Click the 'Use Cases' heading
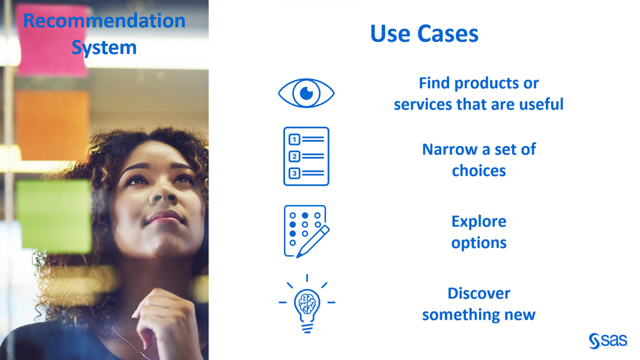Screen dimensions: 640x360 pyautogui.click(x=424, y=33)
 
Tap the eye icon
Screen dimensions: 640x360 pyautogui.click(x=306, y=93)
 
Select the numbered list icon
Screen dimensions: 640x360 pyautogui.click(x=306, y=156)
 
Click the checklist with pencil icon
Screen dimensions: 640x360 pyautogui.click(x=306, y=231)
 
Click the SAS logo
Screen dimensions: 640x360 pyautogui.click(x=608, y=341)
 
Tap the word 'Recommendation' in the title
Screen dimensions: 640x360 pyautogui.click(x=104, y=20)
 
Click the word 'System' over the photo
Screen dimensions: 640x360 pyautogui.click(x=104, y=48)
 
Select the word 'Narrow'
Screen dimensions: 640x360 pyautogui.click(x=450, y=149)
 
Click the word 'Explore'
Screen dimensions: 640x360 pyautogui.click(x=479, y=222)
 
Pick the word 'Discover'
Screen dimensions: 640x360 pyautogui.click(x=479, y=293)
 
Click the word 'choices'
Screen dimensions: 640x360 pyautogui.click(x=479, y=170)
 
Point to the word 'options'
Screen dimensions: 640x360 pyautogui.click(x=479, y=243)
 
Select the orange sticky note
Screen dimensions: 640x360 pyautogui.click(x=53, y=126)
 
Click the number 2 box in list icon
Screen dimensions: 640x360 pyautogui.click(x=294, y=156)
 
